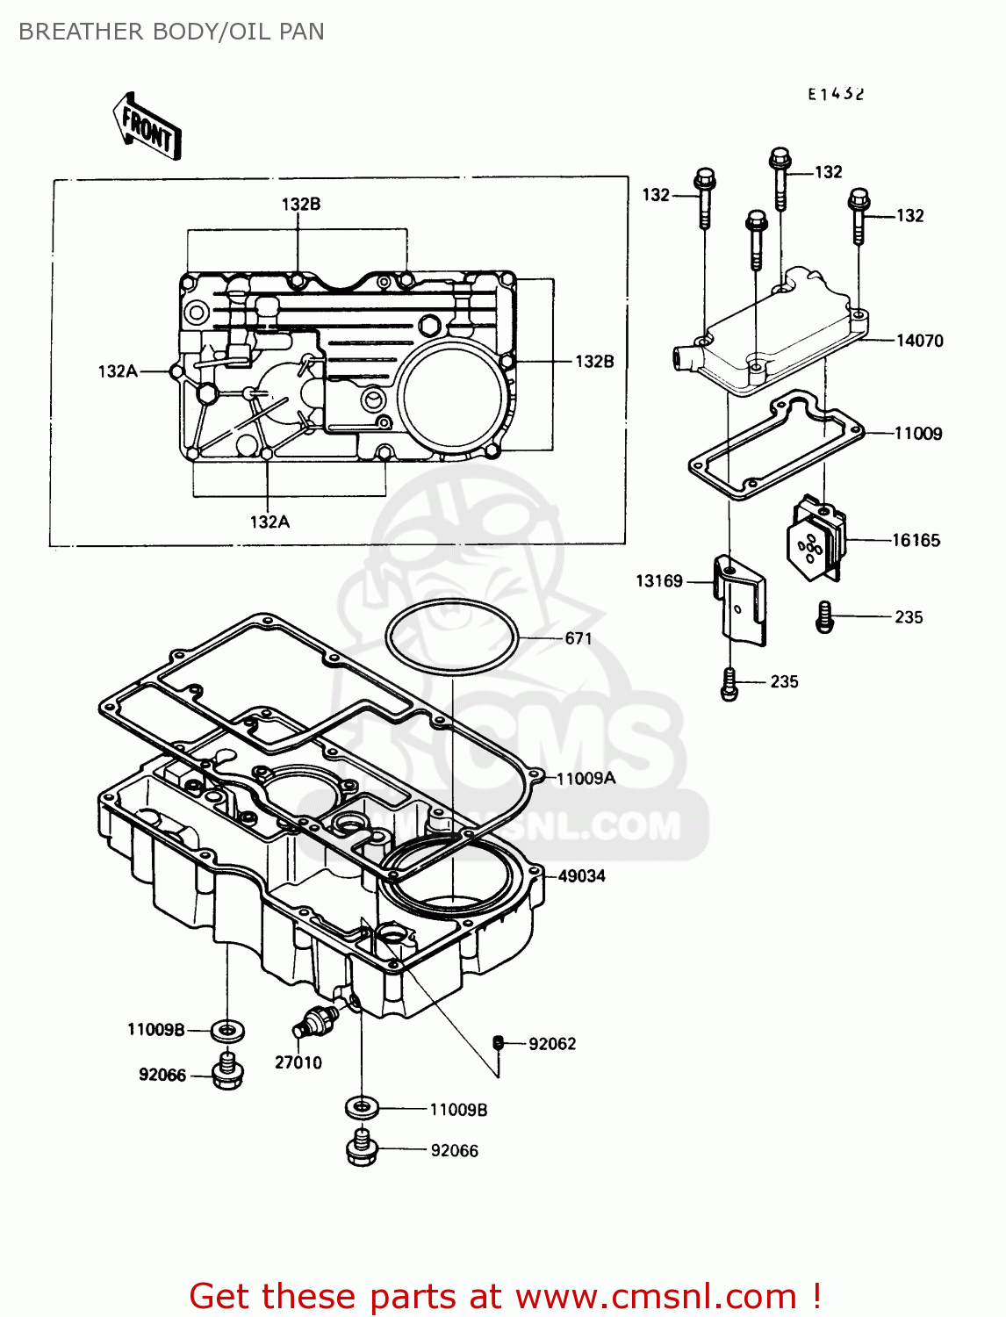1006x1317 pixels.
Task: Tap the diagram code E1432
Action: (x=836, y=94)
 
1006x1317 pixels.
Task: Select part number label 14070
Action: (x=919, y=341)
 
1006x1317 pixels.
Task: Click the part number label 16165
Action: (x=916, y=541)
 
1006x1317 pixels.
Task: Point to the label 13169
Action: (x=658, y=581)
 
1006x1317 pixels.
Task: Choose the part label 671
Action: (x=578, y=639)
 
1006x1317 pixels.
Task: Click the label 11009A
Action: (x=586, y=779)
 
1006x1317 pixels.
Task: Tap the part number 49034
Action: (x=581, y=876)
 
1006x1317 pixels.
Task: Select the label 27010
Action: (x=298, y=1062)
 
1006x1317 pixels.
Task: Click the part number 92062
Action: (x=552, y=1044)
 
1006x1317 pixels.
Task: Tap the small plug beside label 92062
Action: (x=498, y=1042)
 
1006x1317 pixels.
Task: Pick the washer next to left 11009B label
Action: (x=228, y=1030)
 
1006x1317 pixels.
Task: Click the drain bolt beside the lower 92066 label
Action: (x=362, y=1148)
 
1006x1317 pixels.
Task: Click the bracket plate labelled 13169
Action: (x=739, y=600)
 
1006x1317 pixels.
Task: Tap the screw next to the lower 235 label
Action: (x=729, y=683)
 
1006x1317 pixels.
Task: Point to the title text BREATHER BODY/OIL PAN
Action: (x=171, y=32)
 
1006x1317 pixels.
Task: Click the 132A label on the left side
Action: (x=118, y=371)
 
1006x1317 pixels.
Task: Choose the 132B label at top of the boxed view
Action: (x=300, y=205)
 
